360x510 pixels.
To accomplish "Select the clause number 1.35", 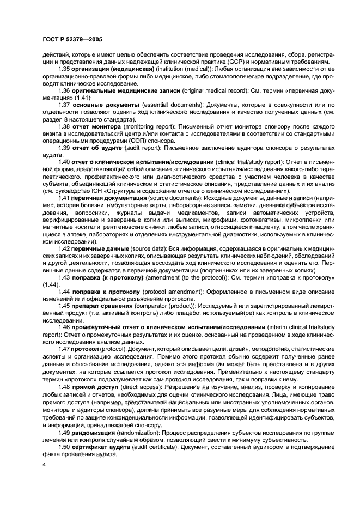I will pyautogui.click(x=65, y=70).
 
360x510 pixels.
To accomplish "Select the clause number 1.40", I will pyautogui.click(x=65, y=162).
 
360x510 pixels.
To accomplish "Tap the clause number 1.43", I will pyautogui.click(x=65, y=277).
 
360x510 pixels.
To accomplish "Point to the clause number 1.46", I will pyautogui.click(x=65, y=328).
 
